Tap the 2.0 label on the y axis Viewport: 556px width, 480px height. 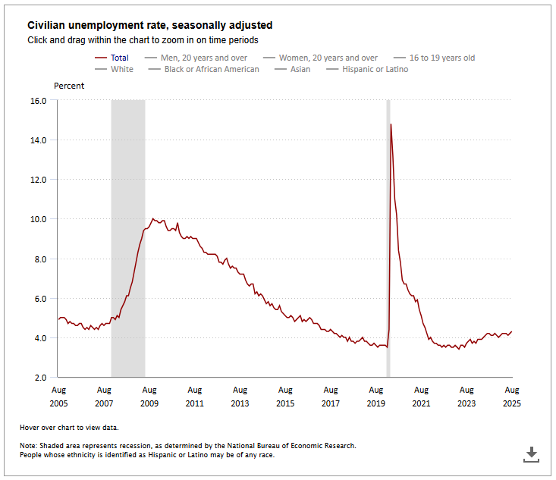(x=40, y=377)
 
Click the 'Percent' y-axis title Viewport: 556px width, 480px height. (x=69, y=86)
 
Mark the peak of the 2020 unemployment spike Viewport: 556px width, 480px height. (x=391, y=124)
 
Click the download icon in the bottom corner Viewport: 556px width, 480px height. (x=532, y=454)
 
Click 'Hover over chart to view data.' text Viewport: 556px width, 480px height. (x=69, y=428)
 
